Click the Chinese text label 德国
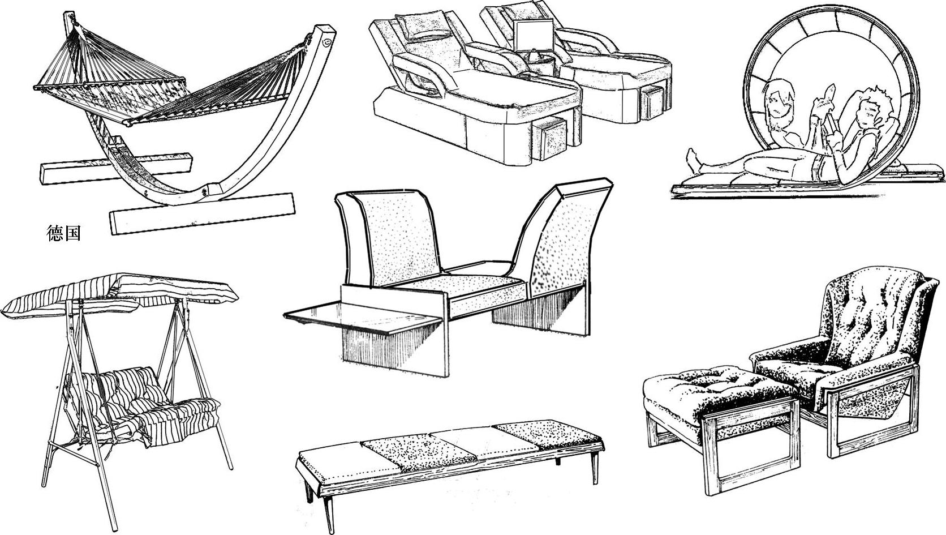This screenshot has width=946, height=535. click(x=63, y=233)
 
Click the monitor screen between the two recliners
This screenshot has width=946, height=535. click(x=533, y=35)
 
